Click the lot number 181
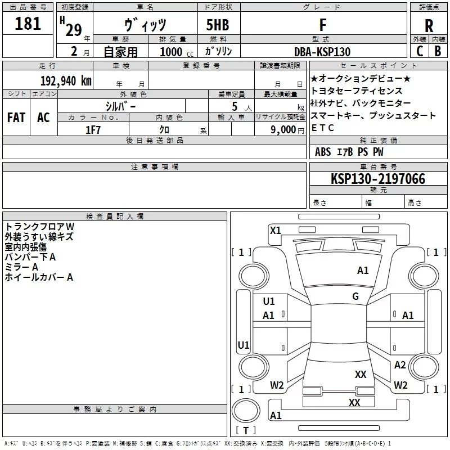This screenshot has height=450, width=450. (28, 24)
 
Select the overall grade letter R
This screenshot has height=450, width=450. (429, 26)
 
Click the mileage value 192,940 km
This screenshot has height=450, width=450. (65, 80)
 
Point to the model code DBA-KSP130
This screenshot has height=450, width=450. (322, 52)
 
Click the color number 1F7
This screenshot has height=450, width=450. (93, 130)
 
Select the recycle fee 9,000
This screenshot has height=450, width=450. (284, 130)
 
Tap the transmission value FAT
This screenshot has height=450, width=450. (16, 118)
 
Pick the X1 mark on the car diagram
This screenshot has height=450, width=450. (275, 230)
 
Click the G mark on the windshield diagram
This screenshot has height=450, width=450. (355, 296)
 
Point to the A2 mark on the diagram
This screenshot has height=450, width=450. (400, 365)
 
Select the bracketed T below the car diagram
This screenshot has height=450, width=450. (245, 431)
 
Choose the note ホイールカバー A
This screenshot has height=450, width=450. (39, 277)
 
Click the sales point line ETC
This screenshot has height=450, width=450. (323, 128)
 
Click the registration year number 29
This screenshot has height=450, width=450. (74, 30)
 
